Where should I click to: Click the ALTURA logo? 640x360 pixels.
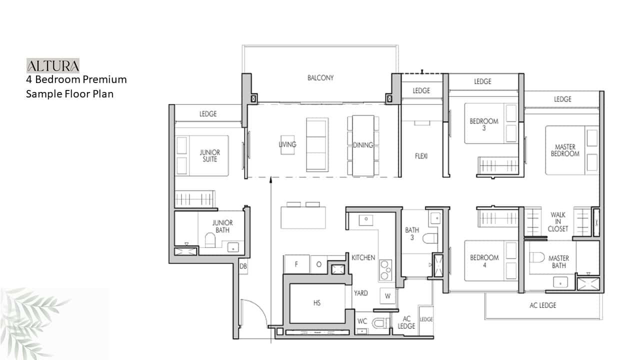coord(53,65)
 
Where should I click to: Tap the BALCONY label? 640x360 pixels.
coord(320,77)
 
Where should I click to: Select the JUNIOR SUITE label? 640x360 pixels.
coord(209,155)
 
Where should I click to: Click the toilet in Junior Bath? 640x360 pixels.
coord(210,240)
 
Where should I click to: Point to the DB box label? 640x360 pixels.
coord(243,266)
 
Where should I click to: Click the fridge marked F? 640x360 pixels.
coord(296,264)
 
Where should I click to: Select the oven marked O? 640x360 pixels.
coord(319,264)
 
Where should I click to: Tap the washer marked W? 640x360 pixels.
coord(387,296)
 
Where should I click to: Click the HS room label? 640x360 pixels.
coord(317,303)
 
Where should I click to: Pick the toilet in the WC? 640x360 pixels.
coord(380,323)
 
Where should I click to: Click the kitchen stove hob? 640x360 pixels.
coord(385,270)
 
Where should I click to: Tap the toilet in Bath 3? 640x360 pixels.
coord(430,238)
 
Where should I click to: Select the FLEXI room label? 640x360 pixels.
coord(421,156)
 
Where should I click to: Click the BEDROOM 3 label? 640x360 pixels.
coord(484,124)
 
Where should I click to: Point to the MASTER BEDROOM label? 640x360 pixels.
coord(565,150)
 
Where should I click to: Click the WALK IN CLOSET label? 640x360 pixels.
coord(557,221)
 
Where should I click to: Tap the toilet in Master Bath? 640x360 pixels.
coord(537,257)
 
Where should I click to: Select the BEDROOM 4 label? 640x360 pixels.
coord(484,261)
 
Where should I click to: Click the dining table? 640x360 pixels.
coord(363,145)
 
